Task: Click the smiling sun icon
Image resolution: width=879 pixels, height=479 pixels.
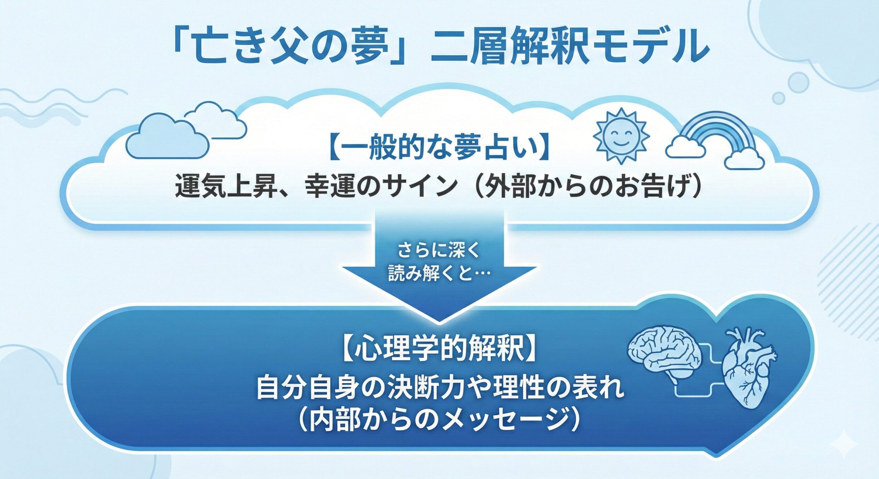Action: click(x=621, y=135)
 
